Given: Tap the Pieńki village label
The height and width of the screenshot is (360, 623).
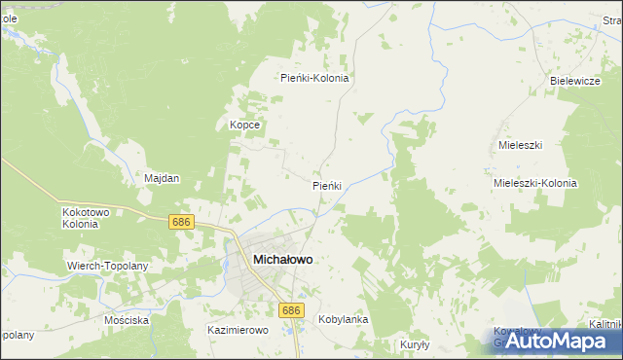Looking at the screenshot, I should coord(326,185).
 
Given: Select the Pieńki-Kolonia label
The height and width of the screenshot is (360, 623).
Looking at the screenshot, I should coord(314,78).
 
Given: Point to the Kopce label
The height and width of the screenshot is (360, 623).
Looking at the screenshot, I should coord(243,126).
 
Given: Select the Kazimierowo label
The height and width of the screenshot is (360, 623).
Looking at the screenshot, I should coord(238,330).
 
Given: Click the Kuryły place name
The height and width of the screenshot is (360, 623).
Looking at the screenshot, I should coord(415,344).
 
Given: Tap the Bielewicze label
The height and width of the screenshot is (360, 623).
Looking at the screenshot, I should coord(574,81).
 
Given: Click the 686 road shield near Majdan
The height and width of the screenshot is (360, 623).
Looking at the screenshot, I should coord(181,222).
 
